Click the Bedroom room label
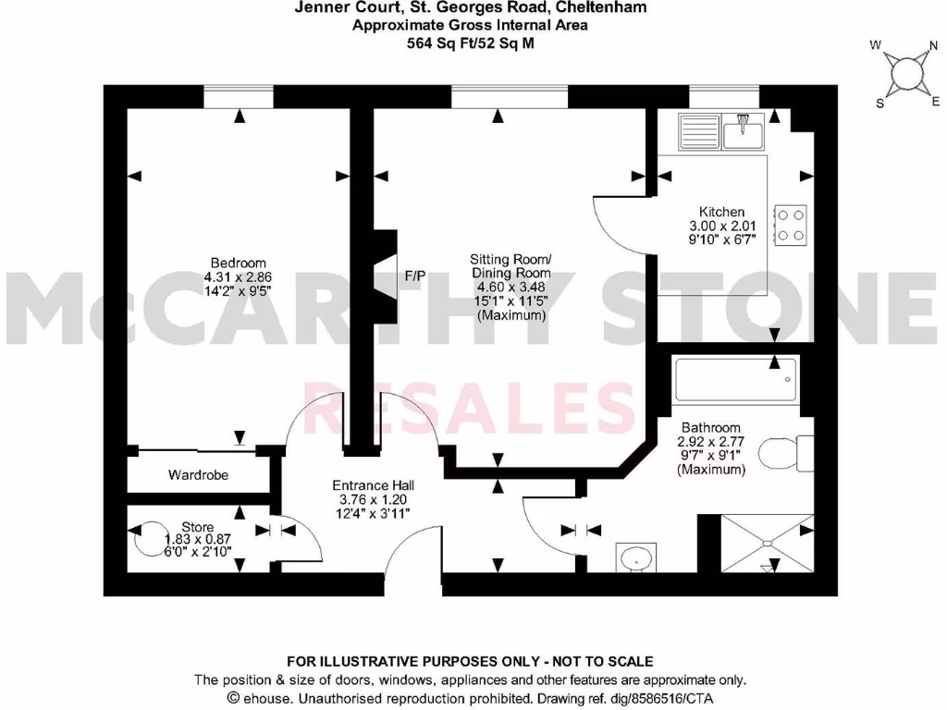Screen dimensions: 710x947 coord(238,263)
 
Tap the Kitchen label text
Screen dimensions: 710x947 coord(721,212)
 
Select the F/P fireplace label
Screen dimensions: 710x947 coord(415,275)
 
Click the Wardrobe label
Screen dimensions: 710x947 coord(198,475)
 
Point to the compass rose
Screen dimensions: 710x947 coord(904,74)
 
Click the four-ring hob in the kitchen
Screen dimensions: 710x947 coord(791,224)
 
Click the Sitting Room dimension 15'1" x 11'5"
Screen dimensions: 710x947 coord(511,300)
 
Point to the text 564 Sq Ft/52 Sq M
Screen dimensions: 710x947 coord(471,43)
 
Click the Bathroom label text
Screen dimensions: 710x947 coord(710,428)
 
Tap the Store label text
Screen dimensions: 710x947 coord(197,527)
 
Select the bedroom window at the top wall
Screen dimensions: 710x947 coord(239,97)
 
